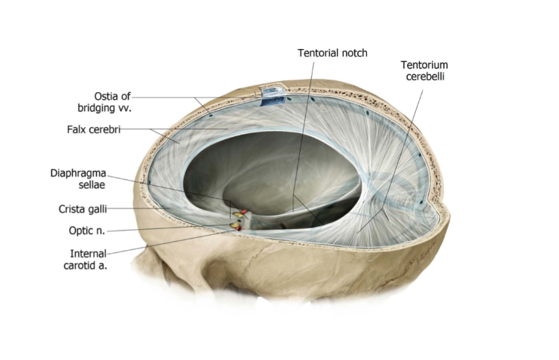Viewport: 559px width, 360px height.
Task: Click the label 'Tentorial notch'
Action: pyautogui.click(x=332, y=53)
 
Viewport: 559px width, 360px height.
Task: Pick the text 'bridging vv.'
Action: pyautogui.click(x=110, y=107)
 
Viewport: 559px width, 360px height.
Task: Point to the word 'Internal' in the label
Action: pyautogui.click(x=87, y=254)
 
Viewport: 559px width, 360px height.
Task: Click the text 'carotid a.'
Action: pyautogui.click(x=85, y=266)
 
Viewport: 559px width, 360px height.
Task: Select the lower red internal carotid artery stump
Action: pyautogui.click(x=238, y=228)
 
